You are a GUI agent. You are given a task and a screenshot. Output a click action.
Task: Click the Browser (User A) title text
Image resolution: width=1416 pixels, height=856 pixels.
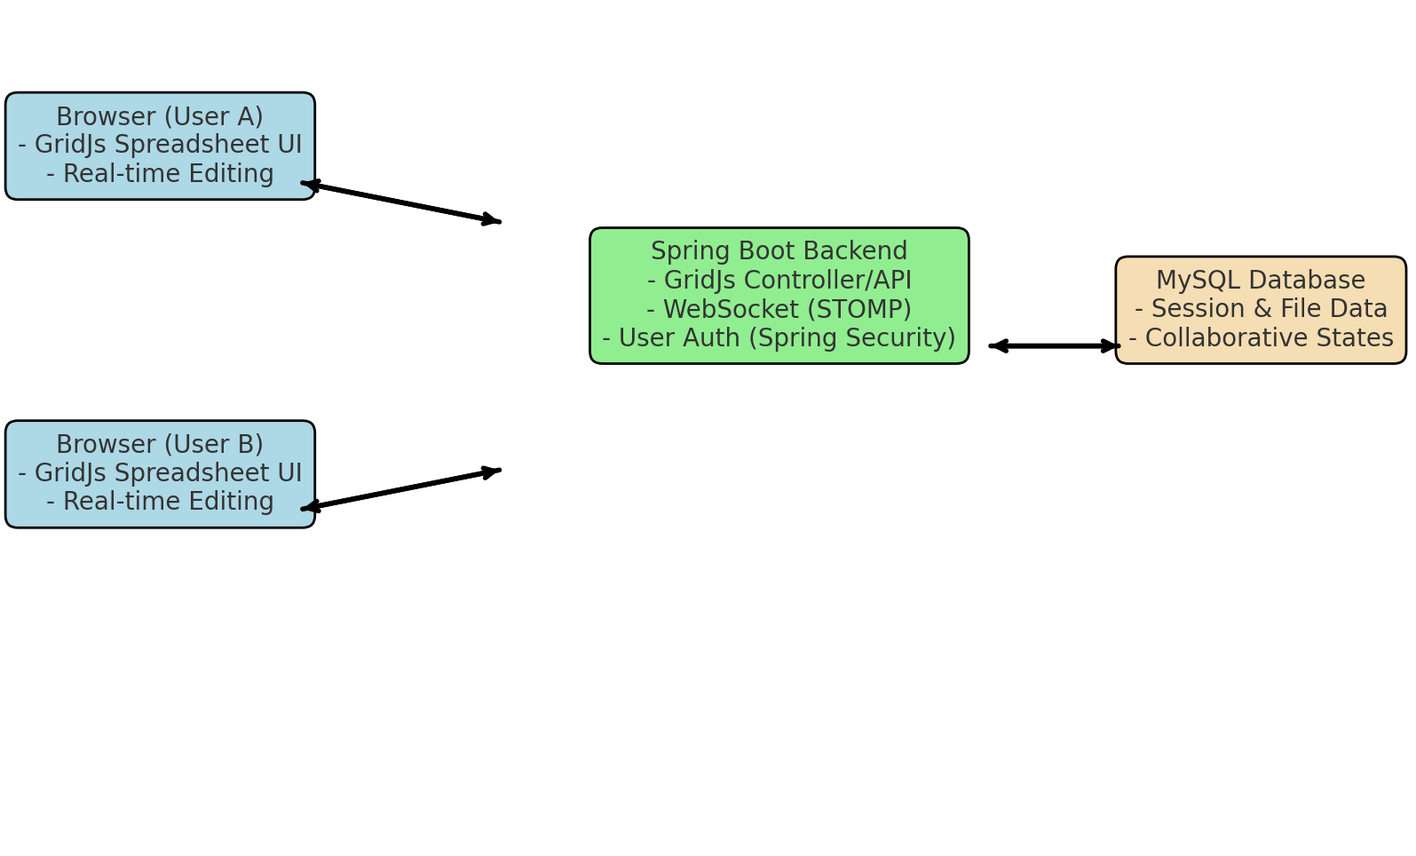(x=160, y=117)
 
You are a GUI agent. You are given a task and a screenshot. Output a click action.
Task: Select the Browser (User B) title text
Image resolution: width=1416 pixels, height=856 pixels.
(x=160, y=445)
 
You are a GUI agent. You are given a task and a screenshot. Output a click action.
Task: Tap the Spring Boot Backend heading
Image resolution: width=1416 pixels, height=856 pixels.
(x=779, y=251)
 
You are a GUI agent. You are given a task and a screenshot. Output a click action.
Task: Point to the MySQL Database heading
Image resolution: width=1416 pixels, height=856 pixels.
(x=1260, y=281)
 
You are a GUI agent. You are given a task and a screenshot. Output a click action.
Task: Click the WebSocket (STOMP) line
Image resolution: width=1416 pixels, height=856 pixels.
(x=779, y=310)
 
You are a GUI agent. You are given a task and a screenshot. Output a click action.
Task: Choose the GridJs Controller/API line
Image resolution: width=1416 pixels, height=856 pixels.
(x=779, y=281)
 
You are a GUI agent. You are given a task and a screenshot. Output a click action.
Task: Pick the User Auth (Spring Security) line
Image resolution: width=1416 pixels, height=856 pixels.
(x=779, y=338)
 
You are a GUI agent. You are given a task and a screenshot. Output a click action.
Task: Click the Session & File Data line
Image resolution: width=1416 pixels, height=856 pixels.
(x=1260, y=309)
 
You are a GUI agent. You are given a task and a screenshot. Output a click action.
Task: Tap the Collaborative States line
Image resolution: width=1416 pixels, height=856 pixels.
(x=1260, y=338)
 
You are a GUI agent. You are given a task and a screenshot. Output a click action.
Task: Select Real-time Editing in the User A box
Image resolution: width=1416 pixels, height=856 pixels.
(x=160, y=174)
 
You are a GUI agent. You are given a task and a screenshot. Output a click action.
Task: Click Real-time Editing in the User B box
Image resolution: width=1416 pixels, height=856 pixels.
(x=160, y=502)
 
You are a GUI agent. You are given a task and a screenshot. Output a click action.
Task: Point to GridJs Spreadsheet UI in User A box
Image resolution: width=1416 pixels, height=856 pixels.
(x=160, y=145)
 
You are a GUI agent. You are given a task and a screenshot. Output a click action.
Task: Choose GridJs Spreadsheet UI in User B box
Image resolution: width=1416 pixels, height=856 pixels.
(x=160, y=473)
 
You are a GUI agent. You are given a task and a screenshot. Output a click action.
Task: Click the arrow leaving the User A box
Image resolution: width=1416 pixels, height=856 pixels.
(x=401, y=202)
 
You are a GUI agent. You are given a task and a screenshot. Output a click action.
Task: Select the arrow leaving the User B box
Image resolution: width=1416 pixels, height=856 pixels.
(x=401, y=489)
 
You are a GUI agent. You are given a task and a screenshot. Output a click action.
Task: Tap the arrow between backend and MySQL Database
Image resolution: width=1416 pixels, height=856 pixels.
(x=1054, y=345)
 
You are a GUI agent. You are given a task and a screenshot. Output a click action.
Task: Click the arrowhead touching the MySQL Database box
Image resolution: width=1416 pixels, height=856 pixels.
(x=1111, y=345)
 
